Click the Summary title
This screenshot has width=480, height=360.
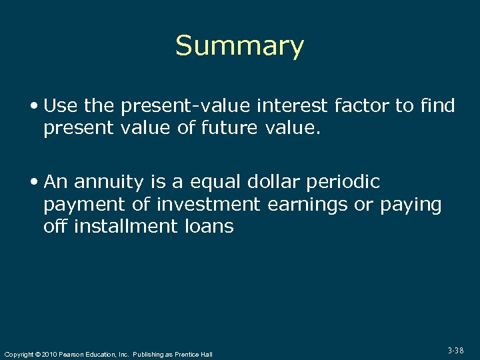click(239, 46)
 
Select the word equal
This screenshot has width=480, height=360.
click(206, 182)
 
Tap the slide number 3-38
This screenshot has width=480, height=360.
click(455, 350)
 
